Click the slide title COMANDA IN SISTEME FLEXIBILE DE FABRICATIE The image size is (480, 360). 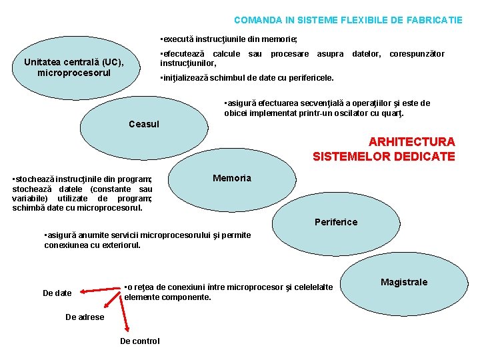point(348,20)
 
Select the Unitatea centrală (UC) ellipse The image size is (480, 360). point(74,67)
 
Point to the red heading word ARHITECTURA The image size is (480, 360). point(411,142)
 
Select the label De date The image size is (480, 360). point(57,293)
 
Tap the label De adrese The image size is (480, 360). point(85,317)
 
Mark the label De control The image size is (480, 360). point(139,341)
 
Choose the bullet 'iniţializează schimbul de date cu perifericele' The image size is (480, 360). point(247,78)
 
